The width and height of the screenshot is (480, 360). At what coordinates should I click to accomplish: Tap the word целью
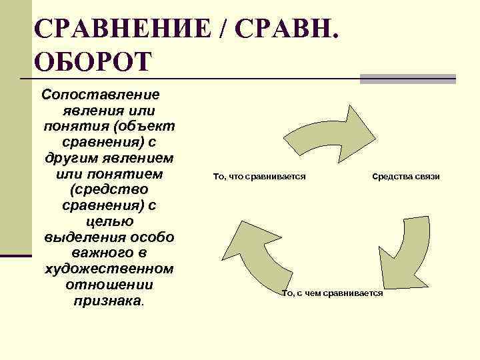pyautogui.click(x=109, y=221)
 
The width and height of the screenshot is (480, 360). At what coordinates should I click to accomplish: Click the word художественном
pyautogui.click(x=109, y=269)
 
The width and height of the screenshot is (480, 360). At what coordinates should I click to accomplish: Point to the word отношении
pyautogui.click(x=109, y=285)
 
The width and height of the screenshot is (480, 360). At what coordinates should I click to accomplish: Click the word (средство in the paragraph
pyautogui.click(x=109, y=190)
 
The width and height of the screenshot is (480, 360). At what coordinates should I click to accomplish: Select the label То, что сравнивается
pyautogui.click(x=259, y=176)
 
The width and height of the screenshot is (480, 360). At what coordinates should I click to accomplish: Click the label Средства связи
pyautogui.click(x=406, y=176)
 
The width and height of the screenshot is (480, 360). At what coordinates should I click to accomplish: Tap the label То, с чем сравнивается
pyautogui.click(x=333, y=293)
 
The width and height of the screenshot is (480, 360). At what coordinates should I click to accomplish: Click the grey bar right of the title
pyautogui.click(x=407, y=79)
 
